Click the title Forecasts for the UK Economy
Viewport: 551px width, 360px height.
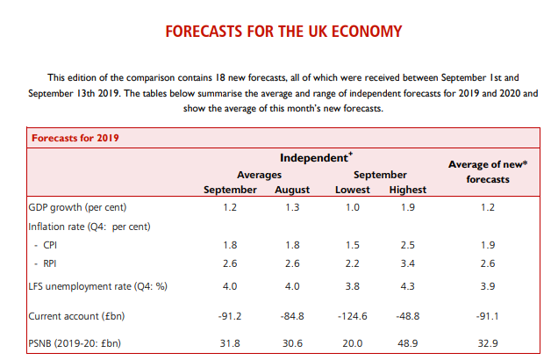(283, 32)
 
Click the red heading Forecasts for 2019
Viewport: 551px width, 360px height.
(76, 138)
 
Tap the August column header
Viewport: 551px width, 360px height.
(292, 190)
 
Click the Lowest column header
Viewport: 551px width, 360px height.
(353, 190)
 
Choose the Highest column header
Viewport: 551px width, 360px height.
(406, 190)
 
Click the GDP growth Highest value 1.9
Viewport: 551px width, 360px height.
(406, 208)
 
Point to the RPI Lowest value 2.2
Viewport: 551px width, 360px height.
(353, 262)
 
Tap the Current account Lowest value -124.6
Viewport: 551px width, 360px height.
(353, 315)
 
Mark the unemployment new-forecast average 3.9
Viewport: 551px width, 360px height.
(489, 285)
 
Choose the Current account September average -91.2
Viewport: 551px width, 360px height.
(230, 315)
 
